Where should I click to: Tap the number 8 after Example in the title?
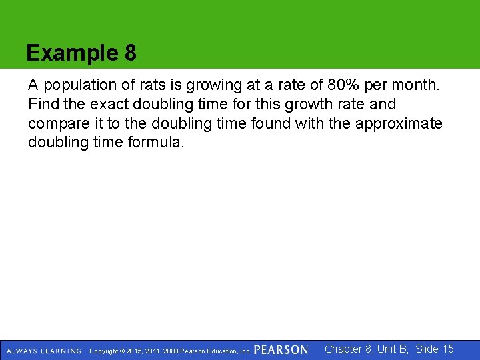[130, 53]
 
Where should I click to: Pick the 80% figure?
[344, 86]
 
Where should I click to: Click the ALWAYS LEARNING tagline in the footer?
[44, 351]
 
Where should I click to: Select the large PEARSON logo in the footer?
[281, 350]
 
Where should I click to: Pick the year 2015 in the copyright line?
[133, 351]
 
